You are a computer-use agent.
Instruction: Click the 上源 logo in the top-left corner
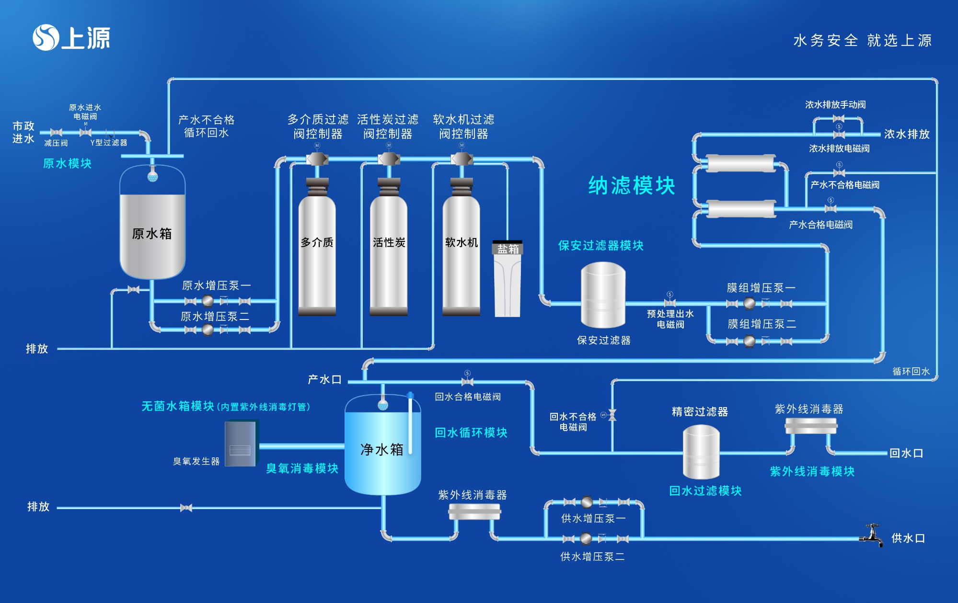pos(71,38)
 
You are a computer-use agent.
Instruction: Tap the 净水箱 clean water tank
pos(382,448)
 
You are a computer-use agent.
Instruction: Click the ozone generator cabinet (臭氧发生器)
pos(241,444)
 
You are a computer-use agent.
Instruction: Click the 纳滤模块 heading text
pos(632,185)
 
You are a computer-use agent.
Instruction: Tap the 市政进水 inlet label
pos(23,132)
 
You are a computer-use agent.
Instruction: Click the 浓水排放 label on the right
pos(907,134)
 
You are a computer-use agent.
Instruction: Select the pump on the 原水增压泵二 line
pos(208,330)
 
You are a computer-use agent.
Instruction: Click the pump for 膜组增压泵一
pos(749,303)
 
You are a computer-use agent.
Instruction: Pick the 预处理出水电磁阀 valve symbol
pos(670,303)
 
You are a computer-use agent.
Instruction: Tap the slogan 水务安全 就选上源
pos(862,40)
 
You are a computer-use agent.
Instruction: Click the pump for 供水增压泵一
pos(587,502)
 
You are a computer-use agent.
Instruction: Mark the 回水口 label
pos(906,453)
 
